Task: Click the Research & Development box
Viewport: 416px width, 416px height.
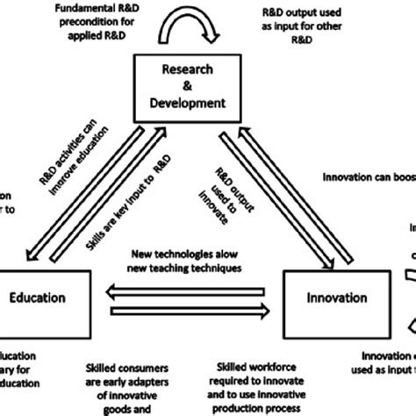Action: pyautogui.click(x=188, y=86)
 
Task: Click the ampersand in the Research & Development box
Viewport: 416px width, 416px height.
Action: pyautogui.click(x=188, y=86)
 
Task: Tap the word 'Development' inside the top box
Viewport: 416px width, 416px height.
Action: pyautogui.click(x=188, y=102)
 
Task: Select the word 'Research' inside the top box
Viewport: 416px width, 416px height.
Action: pyautogui.click(x=188, y=70)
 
